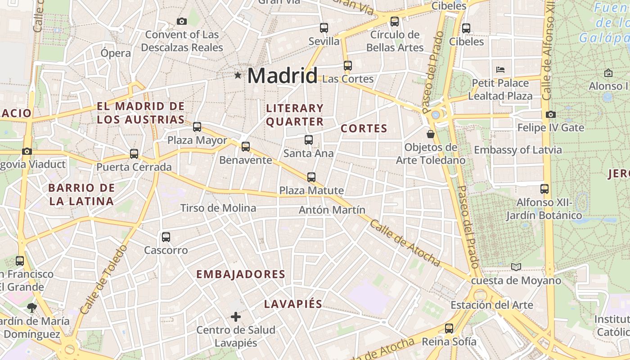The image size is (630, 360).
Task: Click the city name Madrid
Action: point(282,75)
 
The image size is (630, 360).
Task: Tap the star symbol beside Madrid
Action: point(238,75)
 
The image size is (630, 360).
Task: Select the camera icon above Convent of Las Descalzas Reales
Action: point(182,21)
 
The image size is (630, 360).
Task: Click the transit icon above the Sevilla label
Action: point(324,27)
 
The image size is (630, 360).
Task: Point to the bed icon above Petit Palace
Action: point(500,70)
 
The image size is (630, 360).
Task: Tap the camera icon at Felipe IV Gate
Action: point(550,115)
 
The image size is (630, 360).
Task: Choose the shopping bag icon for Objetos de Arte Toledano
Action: point(431,134)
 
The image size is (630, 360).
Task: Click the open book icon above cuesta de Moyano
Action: point(516,267)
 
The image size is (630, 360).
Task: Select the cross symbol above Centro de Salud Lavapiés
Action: point(236,317)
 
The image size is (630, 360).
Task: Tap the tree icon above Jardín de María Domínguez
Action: point(31,308)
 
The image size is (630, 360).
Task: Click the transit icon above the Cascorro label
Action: point(166,237)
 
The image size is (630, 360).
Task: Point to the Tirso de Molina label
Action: point(218,208)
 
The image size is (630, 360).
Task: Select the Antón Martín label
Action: point(332,210)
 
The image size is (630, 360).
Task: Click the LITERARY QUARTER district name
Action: point(295,115)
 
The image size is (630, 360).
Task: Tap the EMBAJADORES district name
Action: point(241,274)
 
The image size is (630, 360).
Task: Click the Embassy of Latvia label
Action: point(517,150)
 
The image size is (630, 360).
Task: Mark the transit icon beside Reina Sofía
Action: point(449,328)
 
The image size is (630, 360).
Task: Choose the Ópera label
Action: point(116,53)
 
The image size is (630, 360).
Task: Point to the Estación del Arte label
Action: point(492,305)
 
